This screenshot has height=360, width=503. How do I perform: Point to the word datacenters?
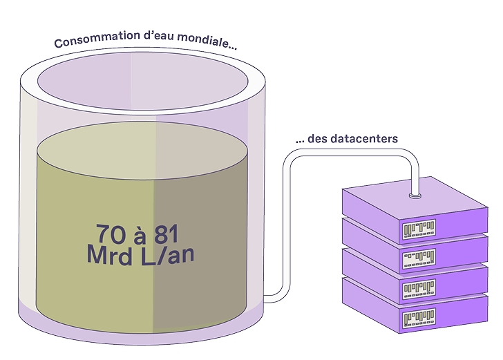point(364,139)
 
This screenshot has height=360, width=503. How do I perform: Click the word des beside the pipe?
point(318,139)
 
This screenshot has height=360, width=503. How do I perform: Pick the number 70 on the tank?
point(111,234)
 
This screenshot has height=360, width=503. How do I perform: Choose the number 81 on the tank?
point(166,234)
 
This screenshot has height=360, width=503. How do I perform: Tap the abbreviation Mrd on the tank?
point(109,255)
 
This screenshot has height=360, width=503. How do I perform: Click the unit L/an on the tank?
point(167,255)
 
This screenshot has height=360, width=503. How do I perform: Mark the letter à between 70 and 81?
point(140,235)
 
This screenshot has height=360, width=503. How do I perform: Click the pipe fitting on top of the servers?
point(415,196)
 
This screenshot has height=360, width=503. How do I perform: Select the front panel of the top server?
point(419,229)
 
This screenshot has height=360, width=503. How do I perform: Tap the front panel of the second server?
point(419,258)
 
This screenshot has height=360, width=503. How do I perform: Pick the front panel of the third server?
point(419,289)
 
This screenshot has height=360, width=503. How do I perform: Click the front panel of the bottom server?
point(419,318)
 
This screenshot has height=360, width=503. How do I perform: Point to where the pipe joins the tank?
point(265,299)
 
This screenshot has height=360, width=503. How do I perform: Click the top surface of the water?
point(142,150)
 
